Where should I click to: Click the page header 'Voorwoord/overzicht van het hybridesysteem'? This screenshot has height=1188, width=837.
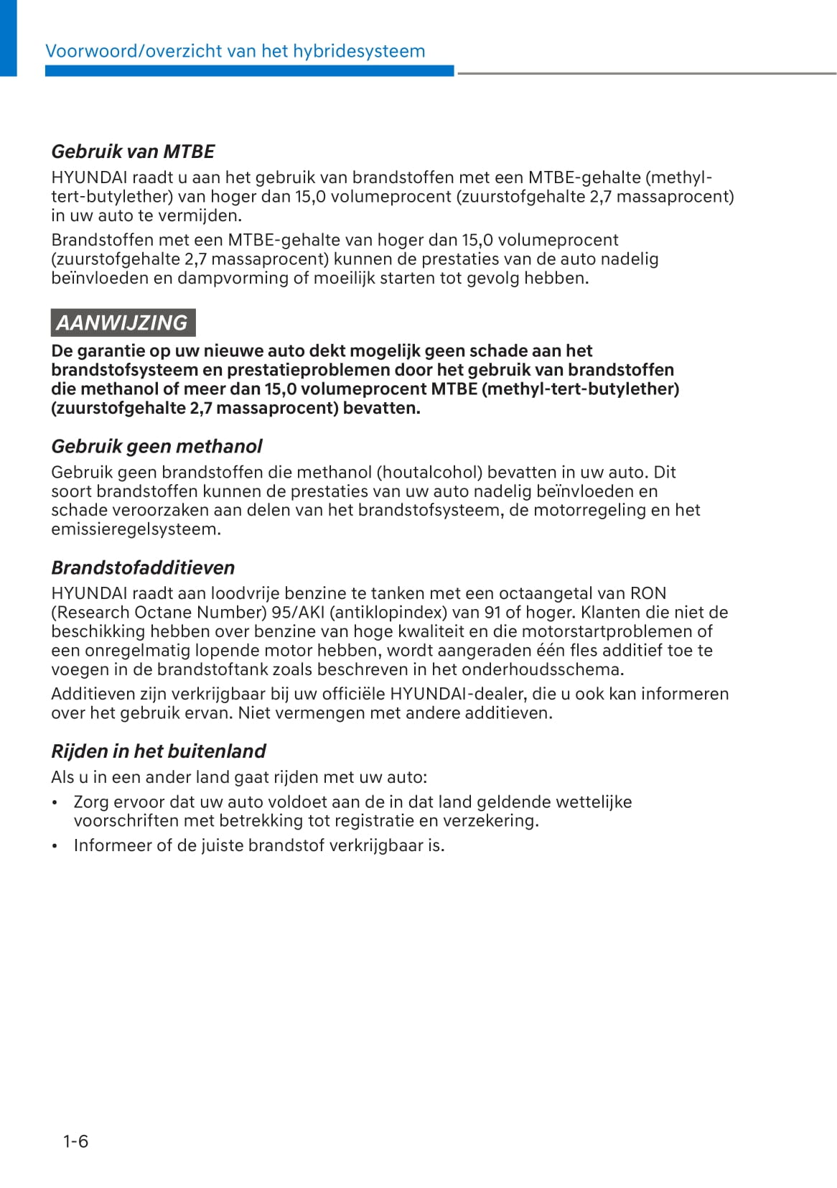click(x=235, y=51)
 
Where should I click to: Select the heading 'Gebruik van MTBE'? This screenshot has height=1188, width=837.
click(x=133, y=152)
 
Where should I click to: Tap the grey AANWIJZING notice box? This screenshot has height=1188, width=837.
click(x=123, y=322)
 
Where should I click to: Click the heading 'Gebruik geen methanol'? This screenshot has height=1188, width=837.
click(x=156, y=446)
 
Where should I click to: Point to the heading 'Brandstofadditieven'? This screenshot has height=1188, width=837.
click(x=143, y=567)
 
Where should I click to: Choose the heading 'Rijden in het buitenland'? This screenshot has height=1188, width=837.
click(x=158, y=751)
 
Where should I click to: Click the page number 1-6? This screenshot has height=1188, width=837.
click(x=75, y=1141)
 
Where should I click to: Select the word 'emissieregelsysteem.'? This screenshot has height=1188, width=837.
click(x=136, y=529)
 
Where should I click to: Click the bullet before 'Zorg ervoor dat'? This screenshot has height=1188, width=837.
click(x=55, y=802)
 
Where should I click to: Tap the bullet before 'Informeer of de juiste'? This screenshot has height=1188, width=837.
click(x=55, y=846)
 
